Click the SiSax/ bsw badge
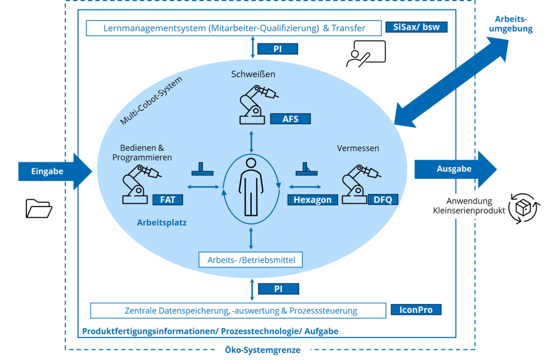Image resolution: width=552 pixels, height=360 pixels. (x=416, y=27)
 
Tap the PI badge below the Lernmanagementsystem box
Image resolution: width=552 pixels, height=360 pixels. (x=278, y=49)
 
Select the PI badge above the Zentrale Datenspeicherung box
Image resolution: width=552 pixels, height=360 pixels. (x=278, y=289)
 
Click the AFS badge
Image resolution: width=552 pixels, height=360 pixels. (x=290, y=119)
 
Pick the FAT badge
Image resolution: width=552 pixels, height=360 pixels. (x=168, y=200)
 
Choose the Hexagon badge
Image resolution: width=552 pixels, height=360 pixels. (x=312, y=200)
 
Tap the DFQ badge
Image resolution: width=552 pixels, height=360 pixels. (x=383, y=200)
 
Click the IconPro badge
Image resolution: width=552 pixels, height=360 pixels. (x=416, y=310)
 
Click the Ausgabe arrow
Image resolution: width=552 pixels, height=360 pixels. (x=456, y=169)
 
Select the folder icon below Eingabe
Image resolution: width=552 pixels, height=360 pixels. (x=39, y=209)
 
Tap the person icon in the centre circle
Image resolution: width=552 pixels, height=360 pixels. (x=251, y=187)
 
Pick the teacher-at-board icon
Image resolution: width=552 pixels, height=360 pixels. (x=366, y=54)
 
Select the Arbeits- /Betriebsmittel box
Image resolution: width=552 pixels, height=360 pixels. (x=251, y=260)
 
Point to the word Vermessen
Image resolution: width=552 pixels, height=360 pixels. (x=358, y=148)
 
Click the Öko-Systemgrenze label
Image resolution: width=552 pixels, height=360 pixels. (x=263, y=350)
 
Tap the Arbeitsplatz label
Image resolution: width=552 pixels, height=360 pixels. (x=161, y=223)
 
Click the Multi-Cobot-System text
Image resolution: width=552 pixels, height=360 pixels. (x=151, y=101)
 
